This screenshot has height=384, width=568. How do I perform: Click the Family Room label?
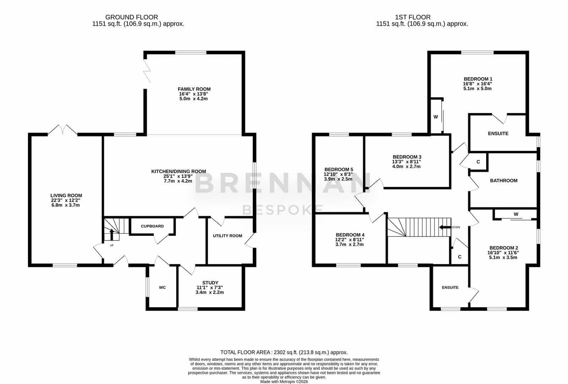click(194, 89)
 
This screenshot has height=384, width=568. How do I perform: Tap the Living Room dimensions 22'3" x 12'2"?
click(66, 200)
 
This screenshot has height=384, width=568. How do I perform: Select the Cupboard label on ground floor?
click(152, 226)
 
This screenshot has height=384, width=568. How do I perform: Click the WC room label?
click(162, 287)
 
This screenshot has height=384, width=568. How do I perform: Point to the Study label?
click(210, 282)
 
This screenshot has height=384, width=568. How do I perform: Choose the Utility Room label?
click(227, 236)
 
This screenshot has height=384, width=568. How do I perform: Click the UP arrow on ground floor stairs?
click(112, 234)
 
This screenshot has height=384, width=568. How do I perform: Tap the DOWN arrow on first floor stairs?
click(445, 227)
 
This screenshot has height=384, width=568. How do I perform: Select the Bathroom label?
click(504, 181)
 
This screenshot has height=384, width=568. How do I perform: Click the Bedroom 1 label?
click(478, 79)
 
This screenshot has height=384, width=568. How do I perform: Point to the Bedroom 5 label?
click(339, 169)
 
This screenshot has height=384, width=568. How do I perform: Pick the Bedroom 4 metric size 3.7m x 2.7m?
click(350, 244)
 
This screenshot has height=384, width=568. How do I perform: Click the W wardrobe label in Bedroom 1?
click(436, 117)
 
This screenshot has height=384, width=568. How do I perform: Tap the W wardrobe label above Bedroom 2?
click(516, 214)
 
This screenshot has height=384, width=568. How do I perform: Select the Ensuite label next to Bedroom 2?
click(450, 287)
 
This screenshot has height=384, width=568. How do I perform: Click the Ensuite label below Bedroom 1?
click(498, 133)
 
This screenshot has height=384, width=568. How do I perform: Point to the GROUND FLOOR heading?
click(131, 17)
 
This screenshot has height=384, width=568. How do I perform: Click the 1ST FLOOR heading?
click(412, 17)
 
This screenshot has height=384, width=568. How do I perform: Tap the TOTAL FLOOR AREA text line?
click(284, 352)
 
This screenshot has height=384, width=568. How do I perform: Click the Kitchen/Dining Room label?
click(179, 172)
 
